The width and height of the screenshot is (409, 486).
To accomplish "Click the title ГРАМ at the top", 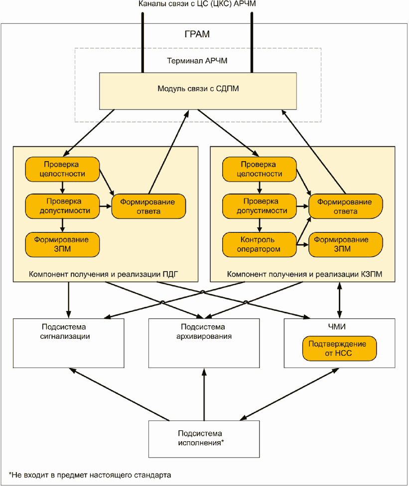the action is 197,34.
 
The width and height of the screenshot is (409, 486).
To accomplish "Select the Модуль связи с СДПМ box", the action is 198,91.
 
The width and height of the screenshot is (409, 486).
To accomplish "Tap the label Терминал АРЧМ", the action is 197,61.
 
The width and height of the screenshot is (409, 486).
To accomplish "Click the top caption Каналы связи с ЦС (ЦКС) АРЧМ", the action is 197,3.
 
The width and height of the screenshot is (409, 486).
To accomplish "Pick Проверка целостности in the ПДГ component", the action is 62,169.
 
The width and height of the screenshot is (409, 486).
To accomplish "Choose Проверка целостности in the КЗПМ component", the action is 260,169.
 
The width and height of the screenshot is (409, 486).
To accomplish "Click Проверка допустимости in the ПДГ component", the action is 62,206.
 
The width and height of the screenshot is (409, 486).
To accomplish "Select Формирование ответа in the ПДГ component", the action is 148,206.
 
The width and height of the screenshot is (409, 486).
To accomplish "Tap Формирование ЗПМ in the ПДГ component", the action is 62,245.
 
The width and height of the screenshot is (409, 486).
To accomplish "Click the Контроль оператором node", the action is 260,245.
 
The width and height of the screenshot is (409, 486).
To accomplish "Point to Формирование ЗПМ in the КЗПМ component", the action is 345,245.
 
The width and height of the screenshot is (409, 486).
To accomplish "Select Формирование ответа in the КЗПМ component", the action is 345,206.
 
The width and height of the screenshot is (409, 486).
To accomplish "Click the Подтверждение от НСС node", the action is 339,348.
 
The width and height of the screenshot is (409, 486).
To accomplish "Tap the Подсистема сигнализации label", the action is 65,332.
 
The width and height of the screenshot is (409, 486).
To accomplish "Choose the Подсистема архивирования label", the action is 204,332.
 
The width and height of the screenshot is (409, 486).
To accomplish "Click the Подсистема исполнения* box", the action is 204,439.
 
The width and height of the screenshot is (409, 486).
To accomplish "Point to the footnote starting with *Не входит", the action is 90,475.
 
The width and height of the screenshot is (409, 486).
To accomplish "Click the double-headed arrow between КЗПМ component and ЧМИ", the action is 339,300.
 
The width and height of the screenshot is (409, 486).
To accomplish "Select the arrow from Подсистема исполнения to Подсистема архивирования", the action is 204,394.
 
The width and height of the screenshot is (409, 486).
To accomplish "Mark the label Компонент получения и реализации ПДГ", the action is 103,274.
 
